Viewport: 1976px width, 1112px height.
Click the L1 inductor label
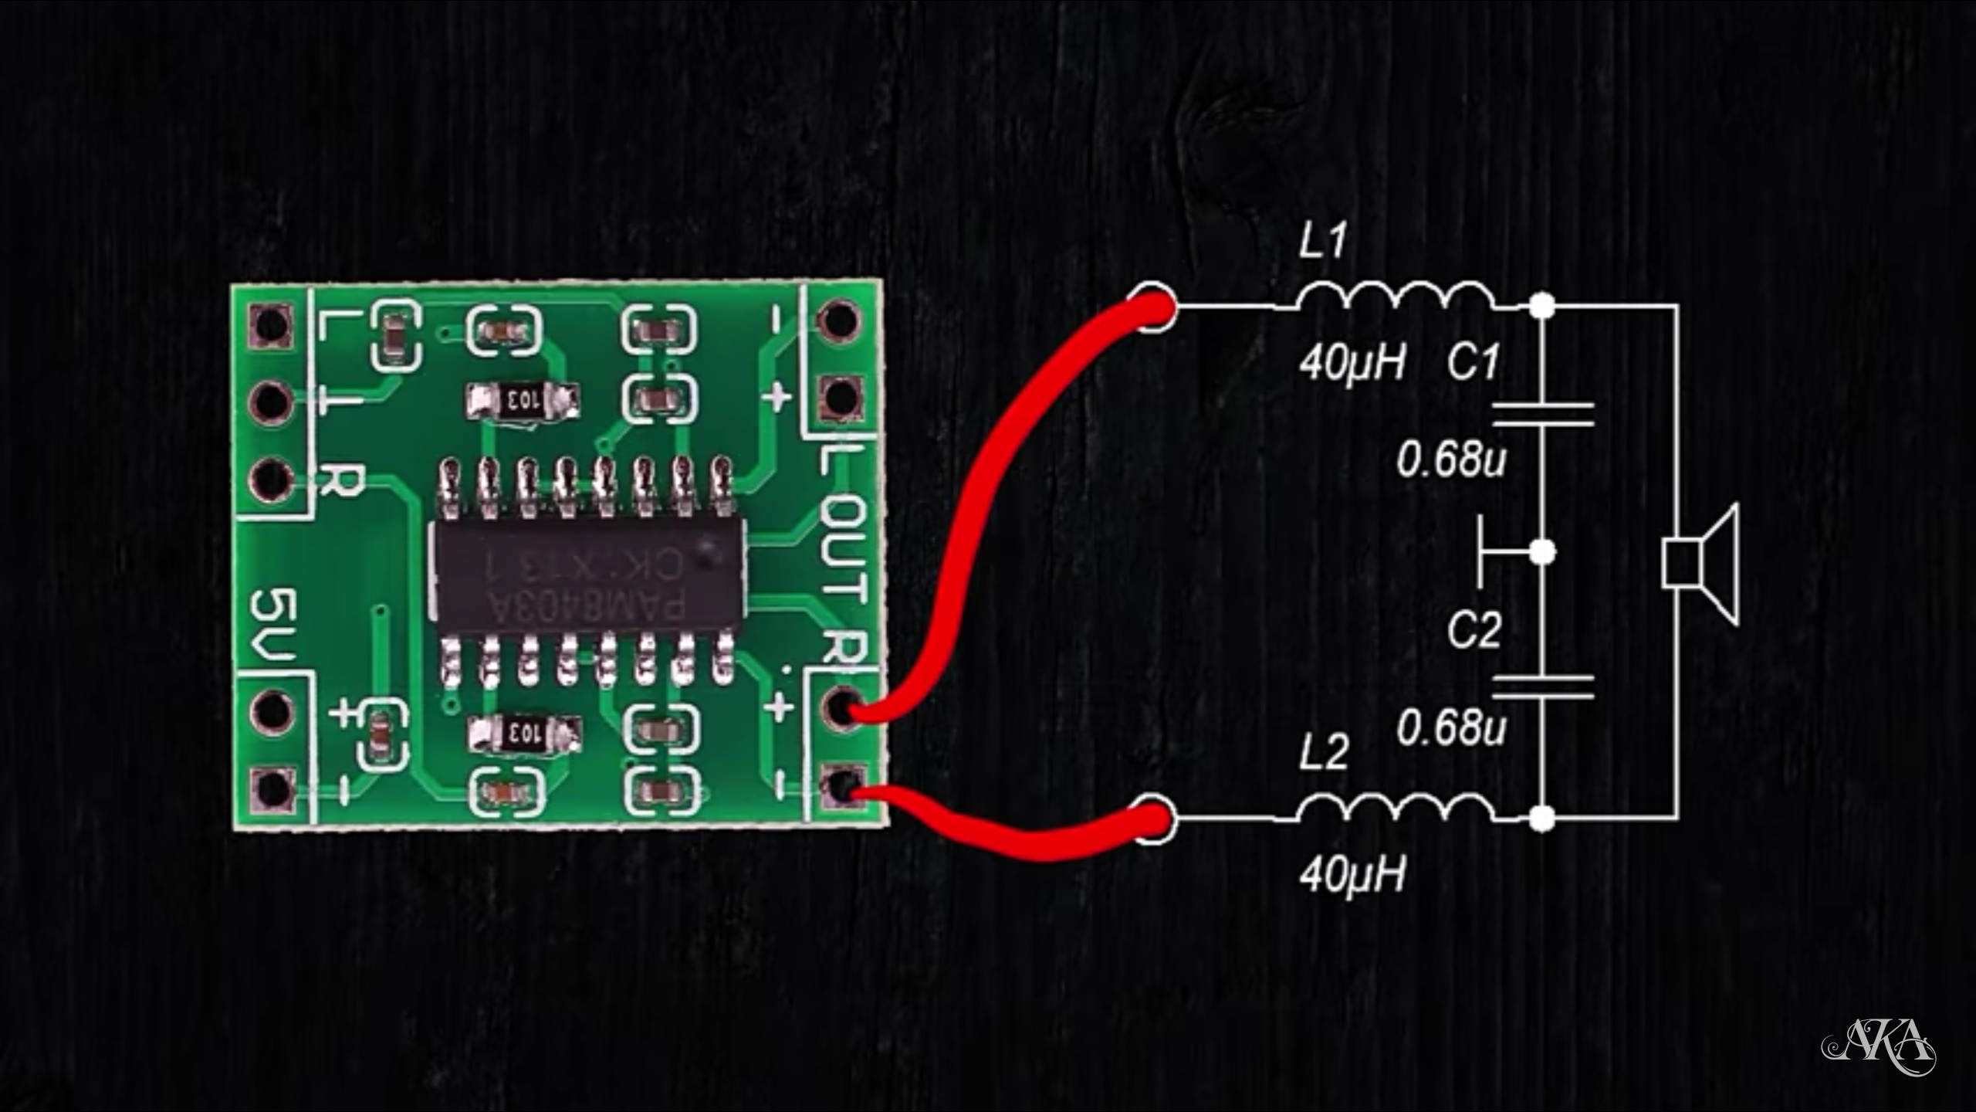click(x=1322, y=242)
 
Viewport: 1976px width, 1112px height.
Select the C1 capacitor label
click(x=1474, y=361)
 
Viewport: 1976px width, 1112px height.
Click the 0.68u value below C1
click(x=1451, y=461)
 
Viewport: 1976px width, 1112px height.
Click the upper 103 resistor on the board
click(x=523, y=401)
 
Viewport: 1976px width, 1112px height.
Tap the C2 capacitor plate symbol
click(x=1542, y=686)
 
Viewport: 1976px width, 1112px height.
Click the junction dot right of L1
click(x=1542, y=306)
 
